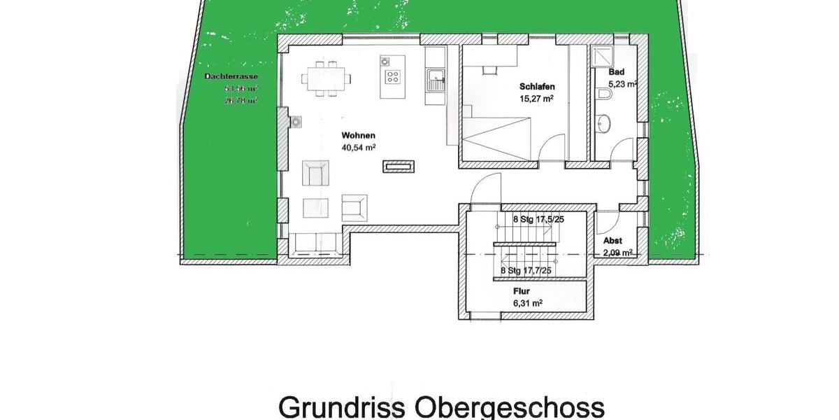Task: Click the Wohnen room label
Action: point(359,135)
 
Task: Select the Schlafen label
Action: point(536,87)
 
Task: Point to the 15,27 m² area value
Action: point(536,99)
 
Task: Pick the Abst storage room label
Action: point(612,240)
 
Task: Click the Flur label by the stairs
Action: point(519,290)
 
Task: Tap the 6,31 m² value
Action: point(527,303)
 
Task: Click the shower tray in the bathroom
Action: point(601,56)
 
